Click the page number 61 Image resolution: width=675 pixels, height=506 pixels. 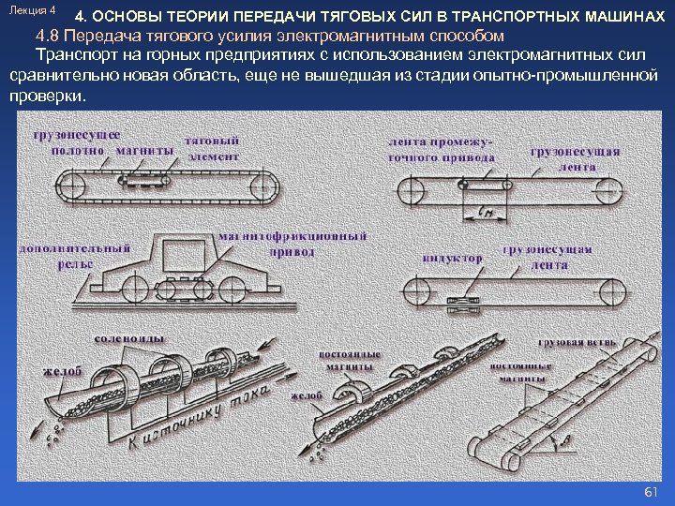click(652, 492)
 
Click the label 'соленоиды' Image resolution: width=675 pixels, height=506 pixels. click(130, 337)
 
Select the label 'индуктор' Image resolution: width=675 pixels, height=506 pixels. click(452, 258)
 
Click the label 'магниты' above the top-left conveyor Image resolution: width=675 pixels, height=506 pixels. click(145, 150)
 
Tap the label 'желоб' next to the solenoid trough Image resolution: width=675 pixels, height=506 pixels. click(63, 371)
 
